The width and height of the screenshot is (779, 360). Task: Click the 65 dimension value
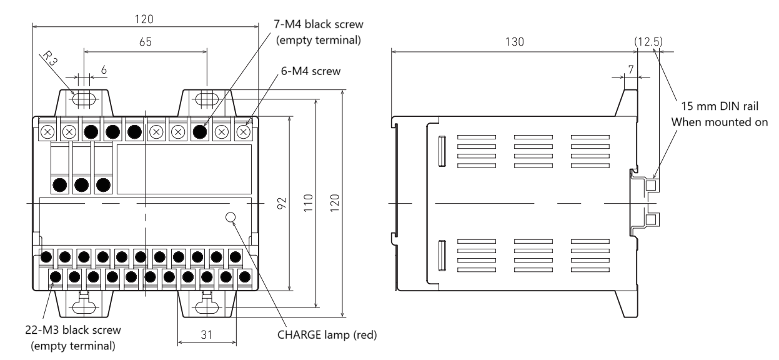(146, 42)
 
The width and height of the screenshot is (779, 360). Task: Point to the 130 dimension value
(514, 42)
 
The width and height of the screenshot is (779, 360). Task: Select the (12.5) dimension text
(648, 42)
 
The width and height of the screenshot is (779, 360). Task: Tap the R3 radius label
(51, 58)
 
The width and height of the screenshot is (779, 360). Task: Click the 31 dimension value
(207, 334)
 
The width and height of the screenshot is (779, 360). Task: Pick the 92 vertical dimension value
(282, 203)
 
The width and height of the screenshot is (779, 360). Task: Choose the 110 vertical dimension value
(308, 203)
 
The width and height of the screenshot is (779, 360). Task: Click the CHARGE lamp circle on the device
(231, 217)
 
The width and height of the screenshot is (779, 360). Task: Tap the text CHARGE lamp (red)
(327, 335)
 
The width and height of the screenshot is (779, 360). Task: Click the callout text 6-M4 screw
(310, 71)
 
